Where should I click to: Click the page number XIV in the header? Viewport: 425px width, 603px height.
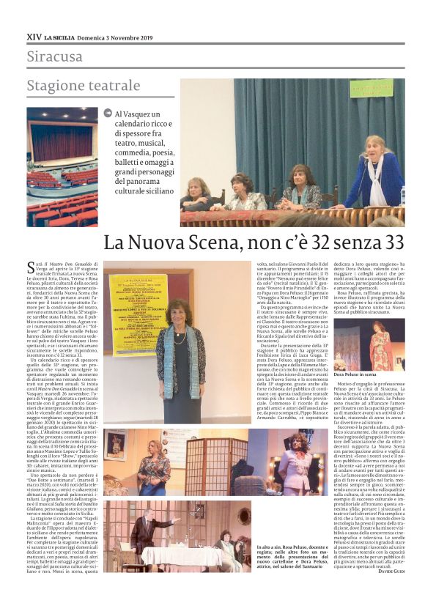pos(34,36)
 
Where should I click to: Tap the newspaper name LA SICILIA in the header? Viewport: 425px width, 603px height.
pos(62,37)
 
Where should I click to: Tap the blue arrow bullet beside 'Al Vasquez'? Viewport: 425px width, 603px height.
pos(109,114)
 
